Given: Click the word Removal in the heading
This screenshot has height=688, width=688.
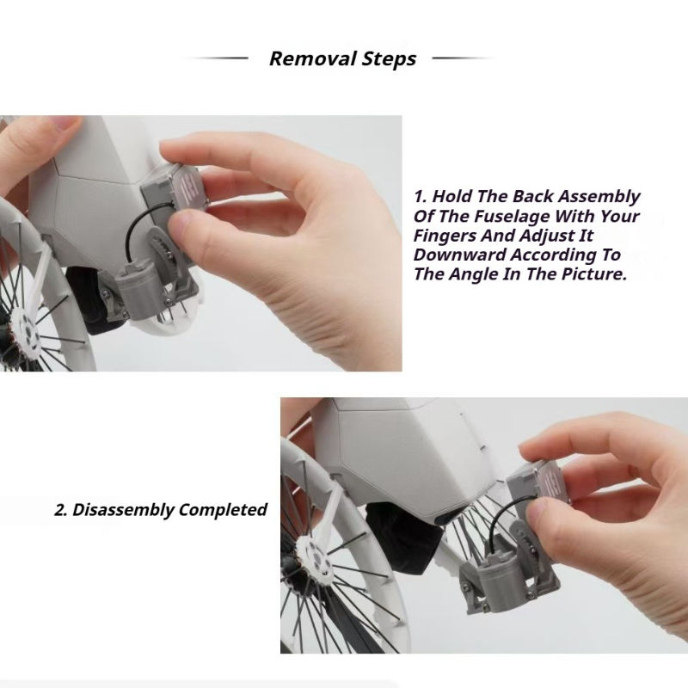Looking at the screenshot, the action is click(x=313, y=58).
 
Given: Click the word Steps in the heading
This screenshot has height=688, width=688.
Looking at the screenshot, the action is click(x=389, y=59).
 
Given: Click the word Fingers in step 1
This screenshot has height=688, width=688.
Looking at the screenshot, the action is click(x=445, y=236).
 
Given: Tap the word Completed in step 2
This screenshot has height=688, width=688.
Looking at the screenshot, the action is click(x=223, y=509).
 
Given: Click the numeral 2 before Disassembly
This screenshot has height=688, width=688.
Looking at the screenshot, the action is click(x=60, y=510).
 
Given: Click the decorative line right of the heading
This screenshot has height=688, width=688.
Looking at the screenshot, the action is click(x=464, y=58).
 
